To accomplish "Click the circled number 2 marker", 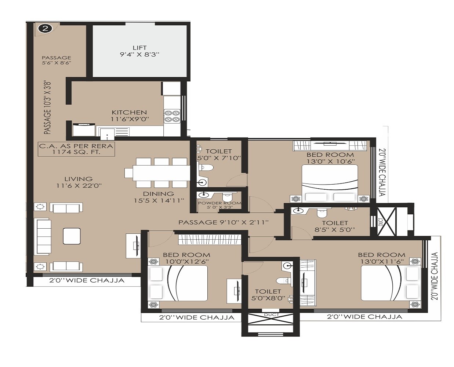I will click(x=45, y=28).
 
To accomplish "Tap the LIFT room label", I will click(x=140, y=51).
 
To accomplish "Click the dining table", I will click(x=157, y=173).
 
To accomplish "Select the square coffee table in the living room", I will click(x=72, y=236).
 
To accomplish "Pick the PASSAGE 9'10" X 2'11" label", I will click(x=224, y=222).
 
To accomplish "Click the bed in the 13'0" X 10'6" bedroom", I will click(x=330, y=183).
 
